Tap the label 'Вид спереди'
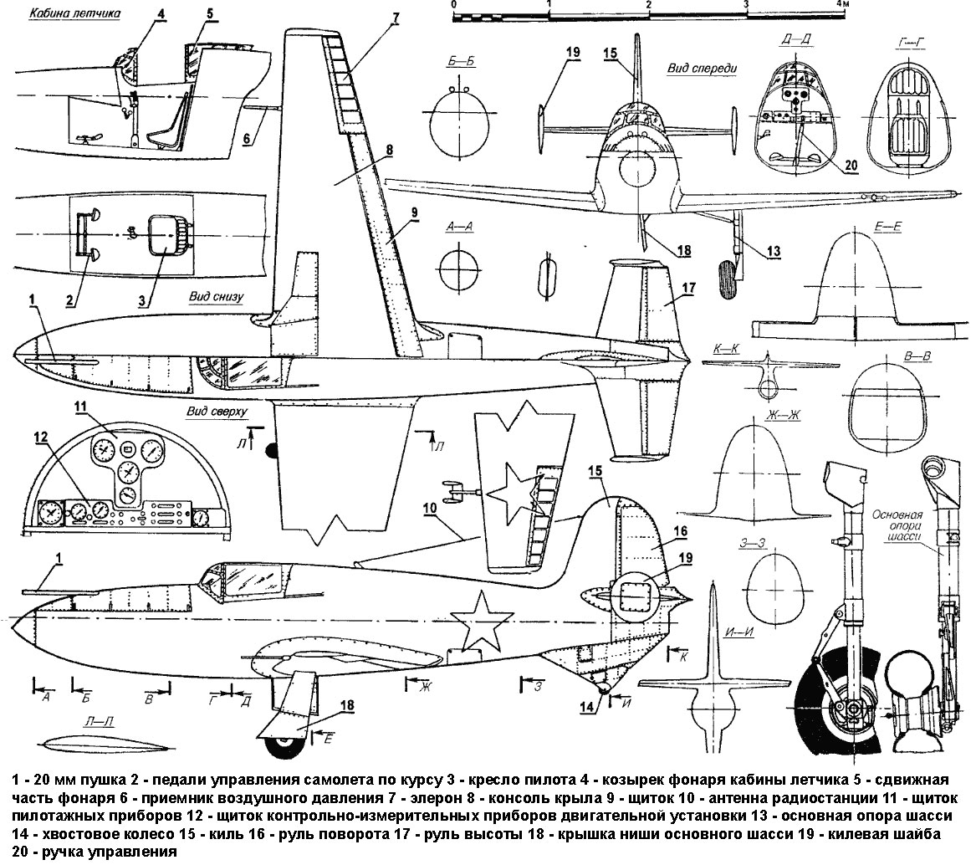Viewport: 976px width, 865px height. [x=701, y=69]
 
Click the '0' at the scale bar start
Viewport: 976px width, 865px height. [x=453, y=4]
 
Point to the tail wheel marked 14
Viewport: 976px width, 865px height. [x=606, y=688]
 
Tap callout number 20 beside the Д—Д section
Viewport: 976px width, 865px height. [x=851, y=166]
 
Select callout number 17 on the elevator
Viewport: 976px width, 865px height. [x=688, y=287]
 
